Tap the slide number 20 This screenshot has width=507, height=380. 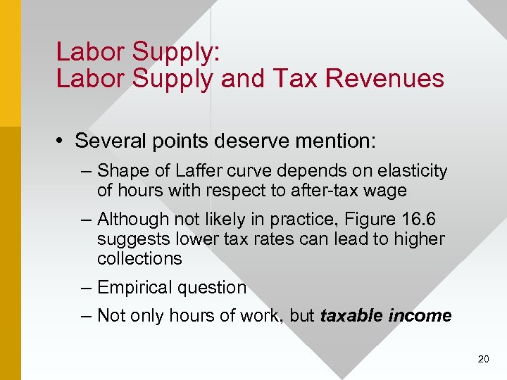click(483, 359)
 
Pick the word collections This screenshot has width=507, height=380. click(139, 258)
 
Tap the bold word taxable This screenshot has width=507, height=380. click(351, 316)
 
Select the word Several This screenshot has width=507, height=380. click(107, 141)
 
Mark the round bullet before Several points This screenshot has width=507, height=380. click(63, 141)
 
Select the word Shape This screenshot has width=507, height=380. click(119, 171)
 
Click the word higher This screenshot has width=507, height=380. click(419, 239)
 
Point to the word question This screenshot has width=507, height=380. click(214, 288)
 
